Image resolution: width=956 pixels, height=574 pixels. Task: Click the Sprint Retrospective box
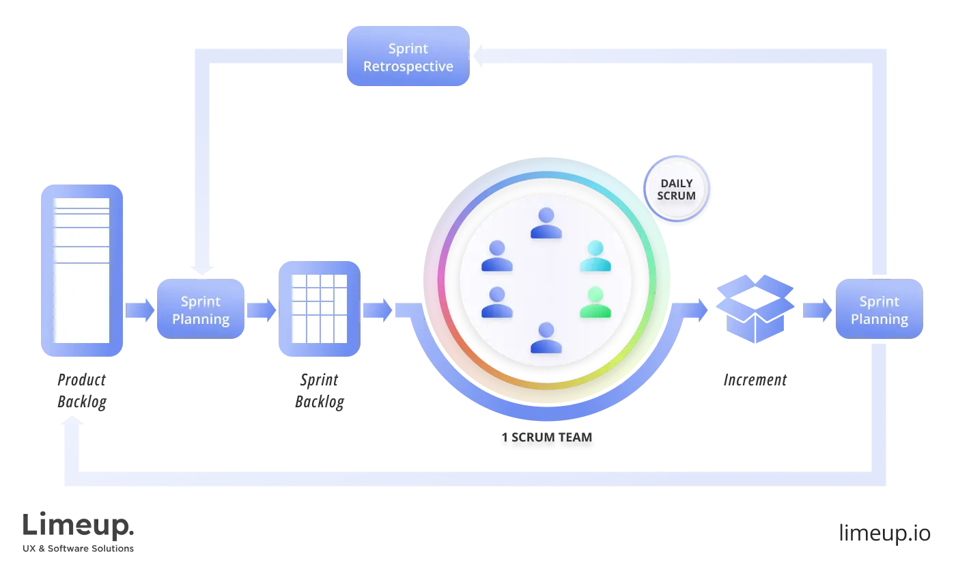tap(408, 57)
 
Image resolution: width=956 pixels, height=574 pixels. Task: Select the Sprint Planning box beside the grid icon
tap(201, 310)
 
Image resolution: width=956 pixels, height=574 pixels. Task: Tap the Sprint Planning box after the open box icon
tap(879, 310)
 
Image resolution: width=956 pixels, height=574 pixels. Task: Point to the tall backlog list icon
tap(81, 271)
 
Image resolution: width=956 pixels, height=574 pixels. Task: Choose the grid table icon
tap(319, 309)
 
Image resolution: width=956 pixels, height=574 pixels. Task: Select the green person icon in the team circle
tap(595, 303)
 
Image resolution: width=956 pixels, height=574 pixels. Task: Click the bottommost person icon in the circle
tap(546, 338)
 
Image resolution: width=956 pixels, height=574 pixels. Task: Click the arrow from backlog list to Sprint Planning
tap(140, 310)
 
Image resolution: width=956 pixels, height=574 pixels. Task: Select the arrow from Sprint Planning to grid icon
tap(262, 310)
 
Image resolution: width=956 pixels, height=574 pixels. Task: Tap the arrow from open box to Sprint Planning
tap(817, 310)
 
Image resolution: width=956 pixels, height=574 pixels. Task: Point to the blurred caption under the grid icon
tap(320, 391)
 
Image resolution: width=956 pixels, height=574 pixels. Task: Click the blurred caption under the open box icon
tap(756, 379)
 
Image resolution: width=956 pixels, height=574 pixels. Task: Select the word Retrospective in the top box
tap(408, 66)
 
